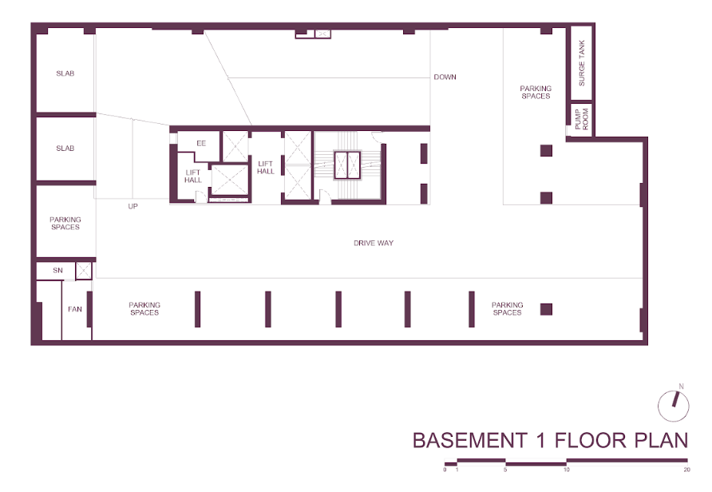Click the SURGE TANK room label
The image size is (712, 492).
(582, 63)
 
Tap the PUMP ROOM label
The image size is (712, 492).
(581, 119)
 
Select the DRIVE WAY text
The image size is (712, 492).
(374, 243)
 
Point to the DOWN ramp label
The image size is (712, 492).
(445, 77)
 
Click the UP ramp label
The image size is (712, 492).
(133, 206)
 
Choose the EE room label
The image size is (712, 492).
(201, 143)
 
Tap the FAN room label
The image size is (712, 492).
(75, 309)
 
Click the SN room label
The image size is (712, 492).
(57, 270)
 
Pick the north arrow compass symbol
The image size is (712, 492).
(674, 406)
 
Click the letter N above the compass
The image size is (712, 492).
(681, 387)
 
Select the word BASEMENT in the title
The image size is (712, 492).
(469, 441)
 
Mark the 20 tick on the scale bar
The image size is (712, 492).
(687, 470)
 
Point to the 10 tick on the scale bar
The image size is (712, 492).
(566, 470)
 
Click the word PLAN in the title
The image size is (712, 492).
(661, 441)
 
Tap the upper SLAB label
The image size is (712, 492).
(65, 73)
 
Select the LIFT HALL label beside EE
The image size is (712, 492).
(193, 177)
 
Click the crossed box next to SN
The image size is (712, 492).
(84, 271)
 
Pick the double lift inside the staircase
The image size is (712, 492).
(347, 165)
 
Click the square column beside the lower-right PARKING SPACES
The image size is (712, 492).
(546, 309)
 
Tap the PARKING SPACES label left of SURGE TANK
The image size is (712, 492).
(536, 92)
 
